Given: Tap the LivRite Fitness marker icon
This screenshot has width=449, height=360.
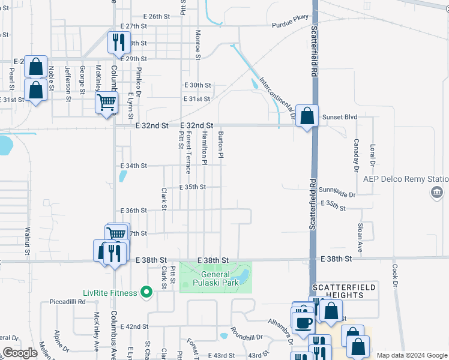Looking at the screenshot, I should (x=145, y=293).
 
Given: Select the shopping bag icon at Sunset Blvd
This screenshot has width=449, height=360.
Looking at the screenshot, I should (x=307, y=116).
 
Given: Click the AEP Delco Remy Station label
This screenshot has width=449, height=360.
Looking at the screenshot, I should (x=405, y=179).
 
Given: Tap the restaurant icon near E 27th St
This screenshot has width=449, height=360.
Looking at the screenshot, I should (x=118, y=41).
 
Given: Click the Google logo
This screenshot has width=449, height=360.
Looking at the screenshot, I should (x=20, y=353).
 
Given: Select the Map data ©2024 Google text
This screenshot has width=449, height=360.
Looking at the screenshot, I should (x=411, y=355).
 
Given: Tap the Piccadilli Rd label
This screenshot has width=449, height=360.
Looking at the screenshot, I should (x=67, y=301).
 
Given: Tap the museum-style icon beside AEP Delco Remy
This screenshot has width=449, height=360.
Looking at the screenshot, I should (x=436, y=192).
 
